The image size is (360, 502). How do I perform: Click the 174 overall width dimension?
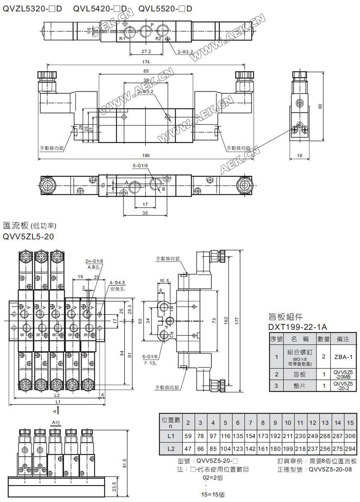(146, 62)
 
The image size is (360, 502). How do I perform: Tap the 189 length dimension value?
(146, 156)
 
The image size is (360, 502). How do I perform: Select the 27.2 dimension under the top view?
(146, 51)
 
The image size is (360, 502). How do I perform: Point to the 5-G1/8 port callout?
(140, 166)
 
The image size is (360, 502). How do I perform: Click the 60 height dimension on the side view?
(320, 106)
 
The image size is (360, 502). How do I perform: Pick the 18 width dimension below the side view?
(300, 156)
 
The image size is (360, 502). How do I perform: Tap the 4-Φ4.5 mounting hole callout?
(118, 283)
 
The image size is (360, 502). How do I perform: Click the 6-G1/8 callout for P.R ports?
(150, 357)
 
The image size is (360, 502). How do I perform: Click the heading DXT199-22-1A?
(298, 327)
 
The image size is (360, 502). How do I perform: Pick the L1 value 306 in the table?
(350, 436)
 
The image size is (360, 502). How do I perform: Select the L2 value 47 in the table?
(188, 449)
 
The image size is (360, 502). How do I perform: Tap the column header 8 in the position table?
(263, 423)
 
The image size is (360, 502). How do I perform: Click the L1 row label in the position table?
(171, 436)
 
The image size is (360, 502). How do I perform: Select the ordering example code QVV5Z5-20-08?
(330, 469)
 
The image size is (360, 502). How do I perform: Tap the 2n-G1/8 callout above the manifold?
(94, 261)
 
